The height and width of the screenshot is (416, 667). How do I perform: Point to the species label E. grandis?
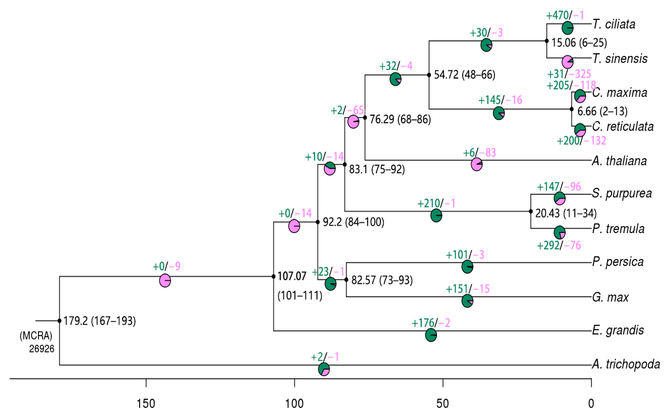tap(618, 330)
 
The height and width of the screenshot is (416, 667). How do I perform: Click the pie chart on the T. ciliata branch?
tap(567, 28)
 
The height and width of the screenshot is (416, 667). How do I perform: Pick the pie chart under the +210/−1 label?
tap(436, 216)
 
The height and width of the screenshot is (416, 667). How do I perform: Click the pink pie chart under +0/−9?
tap(165, 281)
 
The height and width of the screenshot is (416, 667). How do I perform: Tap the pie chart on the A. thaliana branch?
tap(477, 165)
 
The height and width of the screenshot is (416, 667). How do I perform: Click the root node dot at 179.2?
tap(59, 321)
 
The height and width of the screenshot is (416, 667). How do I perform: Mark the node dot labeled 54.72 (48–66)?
tap(429, 75)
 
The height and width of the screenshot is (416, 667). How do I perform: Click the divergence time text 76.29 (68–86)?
tap(400, 119)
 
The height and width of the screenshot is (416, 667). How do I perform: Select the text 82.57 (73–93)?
tap(382, 280)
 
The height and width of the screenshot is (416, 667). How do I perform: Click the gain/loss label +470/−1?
tap(565, 15)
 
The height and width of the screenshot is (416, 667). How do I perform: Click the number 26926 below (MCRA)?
tap(42, 349)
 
